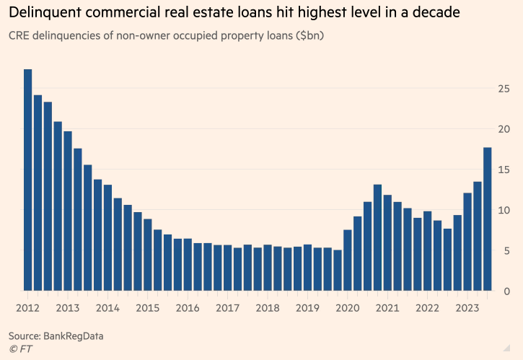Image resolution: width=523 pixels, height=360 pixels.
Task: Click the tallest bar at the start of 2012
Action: pos(27,180)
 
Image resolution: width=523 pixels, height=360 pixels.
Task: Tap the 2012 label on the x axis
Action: pos(27,307)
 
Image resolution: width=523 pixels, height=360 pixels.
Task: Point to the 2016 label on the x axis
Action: pos(188,307)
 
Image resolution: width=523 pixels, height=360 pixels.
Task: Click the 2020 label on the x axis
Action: pos(347,307)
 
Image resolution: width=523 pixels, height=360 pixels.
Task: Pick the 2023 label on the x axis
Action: pos(467,307)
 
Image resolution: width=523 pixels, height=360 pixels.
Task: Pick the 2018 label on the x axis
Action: pos(267,307)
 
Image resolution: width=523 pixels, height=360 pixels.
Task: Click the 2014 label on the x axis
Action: pos(107,307)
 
